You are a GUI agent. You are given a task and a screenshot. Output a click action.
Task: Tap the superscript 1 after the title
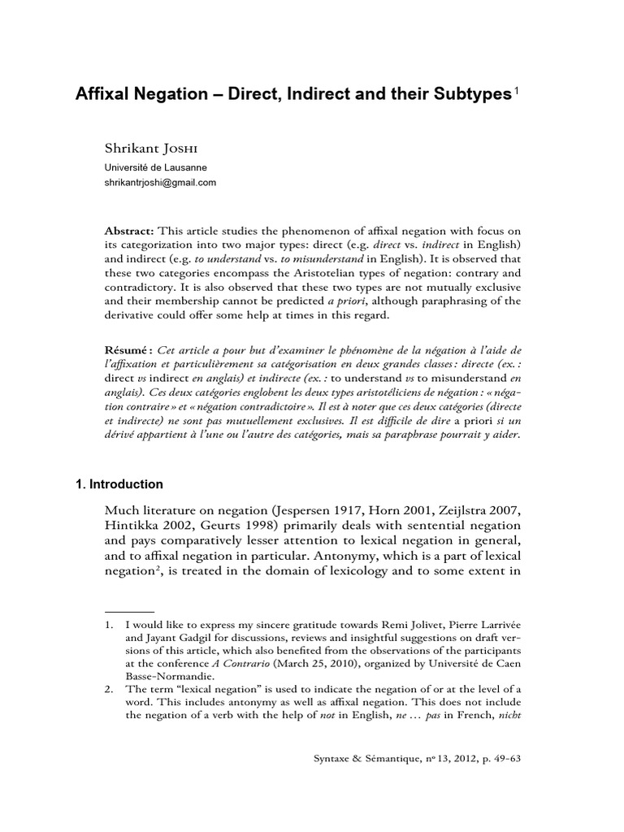click(515, 91)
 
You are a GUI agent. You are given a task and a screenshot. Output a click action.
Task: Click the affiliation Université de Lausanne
click(155, 167)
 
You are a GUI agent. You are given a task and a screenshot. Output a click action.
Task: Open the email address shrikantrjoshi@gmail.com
click(160, 182)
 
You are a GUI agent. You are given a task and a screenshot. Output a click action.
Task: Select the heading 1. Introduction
click(119, 484)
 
